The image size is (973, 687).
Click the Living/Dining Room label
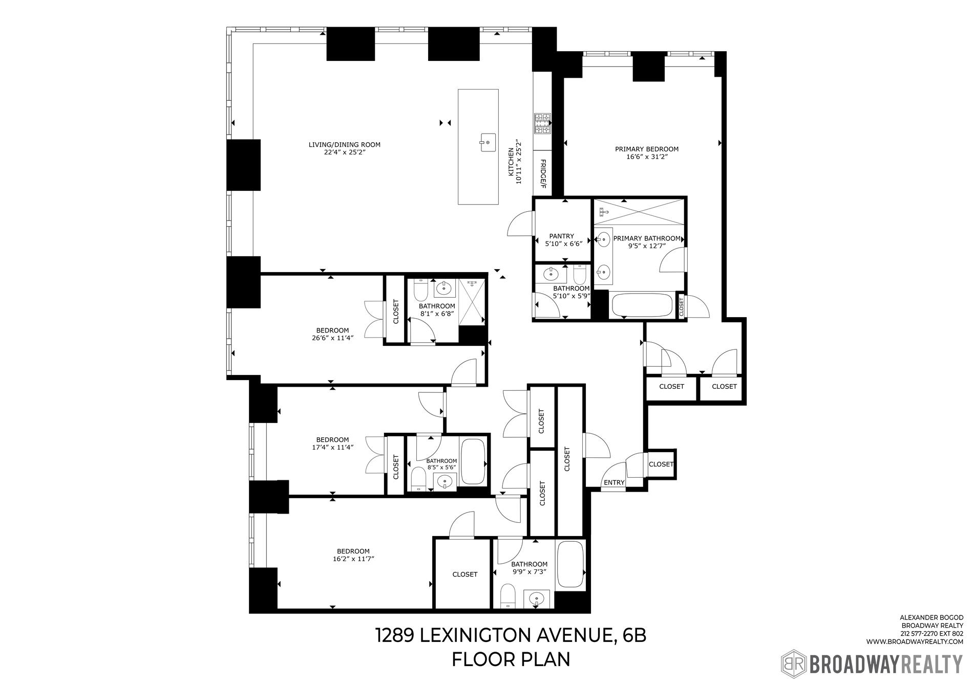pos(344,145)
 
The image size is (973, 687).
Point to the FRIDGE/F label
pos(543,173)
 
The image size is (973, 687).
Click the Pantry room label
pos(561,236)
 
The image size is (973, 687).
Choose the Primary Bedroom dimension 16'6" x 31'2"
pos(646,157)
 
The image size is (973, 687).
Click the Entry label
pos(614,482)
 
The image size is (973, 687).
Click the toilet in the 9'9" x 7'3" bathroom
pos(507,597)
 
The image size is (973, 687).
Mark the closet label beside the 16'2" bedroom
pos(464,574)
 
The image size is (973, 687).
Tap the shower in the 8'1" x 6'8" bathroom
pos(471,302)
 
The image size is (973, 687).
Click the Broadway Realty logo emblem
pos(793,664)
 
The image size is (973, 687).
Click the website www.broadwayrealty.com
pos(915,641)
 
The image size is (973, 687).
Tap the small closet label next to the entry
pos(661,464)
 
